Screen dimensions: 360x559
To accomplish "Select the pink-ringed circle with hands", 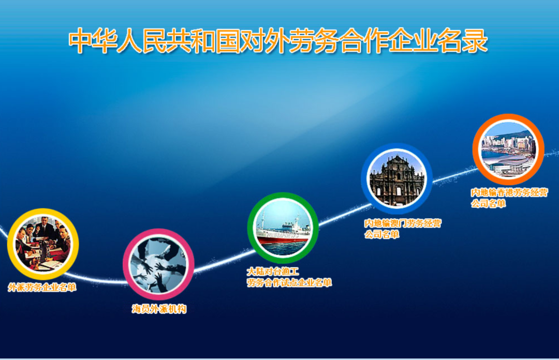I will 158,264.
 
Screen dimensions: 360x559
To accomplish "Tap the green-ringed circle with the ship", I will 283,228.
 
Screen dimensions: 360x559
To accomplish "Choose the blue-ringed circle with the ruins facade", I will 396,178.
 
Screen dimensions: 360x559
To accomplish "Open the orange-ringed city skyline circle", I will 508,150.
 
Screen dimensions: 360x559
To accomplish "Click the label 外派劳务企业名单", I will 42,288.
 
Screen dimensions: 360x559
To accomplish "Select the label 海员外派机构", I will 158,309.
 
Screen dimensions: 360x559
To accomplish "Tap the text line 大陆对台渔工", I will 273,271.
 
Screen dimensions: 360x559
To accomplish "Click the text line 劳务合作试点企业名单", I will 289,282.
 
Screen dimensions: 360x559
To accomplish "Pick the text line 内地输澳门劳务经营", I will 403,223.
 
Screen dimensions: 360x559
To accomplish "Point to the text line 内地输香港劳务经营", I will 509,192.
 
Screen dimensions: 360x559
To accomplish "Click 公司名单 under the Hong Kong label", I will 488,204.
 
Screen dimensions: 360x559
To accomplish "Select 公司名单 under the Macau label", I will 381,235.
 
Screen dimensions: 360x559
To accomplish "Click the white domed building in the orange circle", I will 505,167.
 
